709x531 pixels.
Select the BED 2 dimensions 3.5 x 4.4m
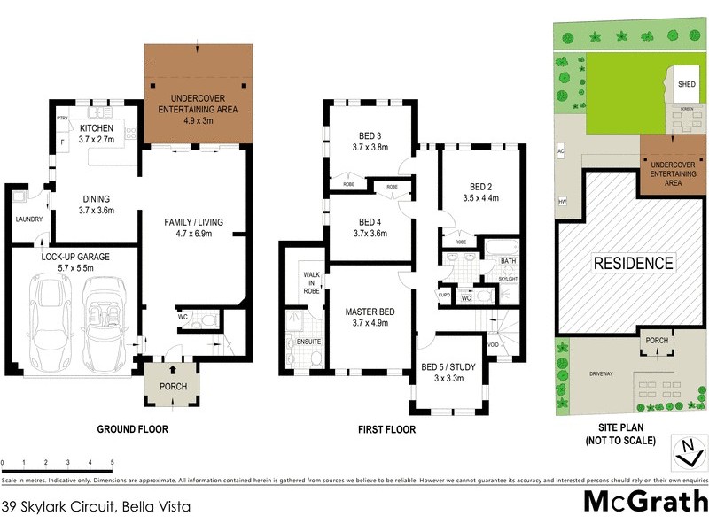coord(480,198)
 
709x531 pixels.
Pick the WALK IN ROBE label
coord(310,275)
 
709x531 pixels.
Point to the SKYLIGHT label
coord(508,277)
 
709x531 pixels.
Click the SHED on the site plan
coord(687,84)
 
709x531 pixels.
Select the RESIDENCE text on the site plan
coord(633,263)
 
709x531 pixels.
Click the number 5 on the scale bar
coord(113,462)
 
